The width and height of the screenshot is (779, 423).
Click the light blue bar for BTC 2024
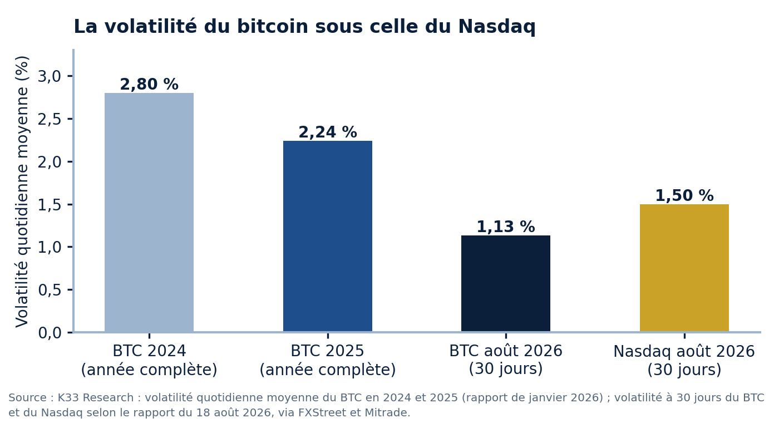149,212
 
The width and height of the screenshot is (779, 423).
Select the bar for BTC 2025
328,236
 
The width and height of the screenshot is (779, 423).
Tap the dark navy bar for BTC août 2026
506,283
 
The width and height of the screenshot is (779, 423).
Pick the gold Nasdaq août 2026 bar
684,268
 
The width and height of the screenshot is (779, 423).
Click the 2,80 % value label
149,84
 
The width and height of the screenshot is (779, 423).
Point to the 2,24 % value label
328,132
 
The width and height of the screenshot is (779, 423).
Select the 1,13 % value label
506,227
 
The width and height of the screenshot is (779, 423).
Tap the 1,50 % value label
684,195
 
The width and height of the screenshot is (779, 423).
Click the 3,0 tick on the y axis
50,76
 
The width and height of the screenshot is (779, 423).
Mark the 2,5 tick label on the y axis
50,119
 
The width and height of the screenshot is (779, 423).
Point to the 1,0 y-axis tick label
50,247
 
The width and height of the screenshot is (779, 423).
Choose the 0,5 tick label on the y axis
50,290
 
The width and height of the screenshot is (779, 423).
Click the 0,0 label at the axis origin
50,333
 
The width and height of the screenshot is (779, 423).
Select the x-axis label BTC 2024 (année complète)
149,360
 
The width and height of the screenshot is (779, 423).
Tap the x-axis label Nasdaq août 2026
684,351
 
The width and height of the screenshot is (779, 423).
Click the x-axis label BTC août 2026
506,351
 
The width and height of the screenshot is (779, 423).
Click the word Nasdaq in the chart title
496,27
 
